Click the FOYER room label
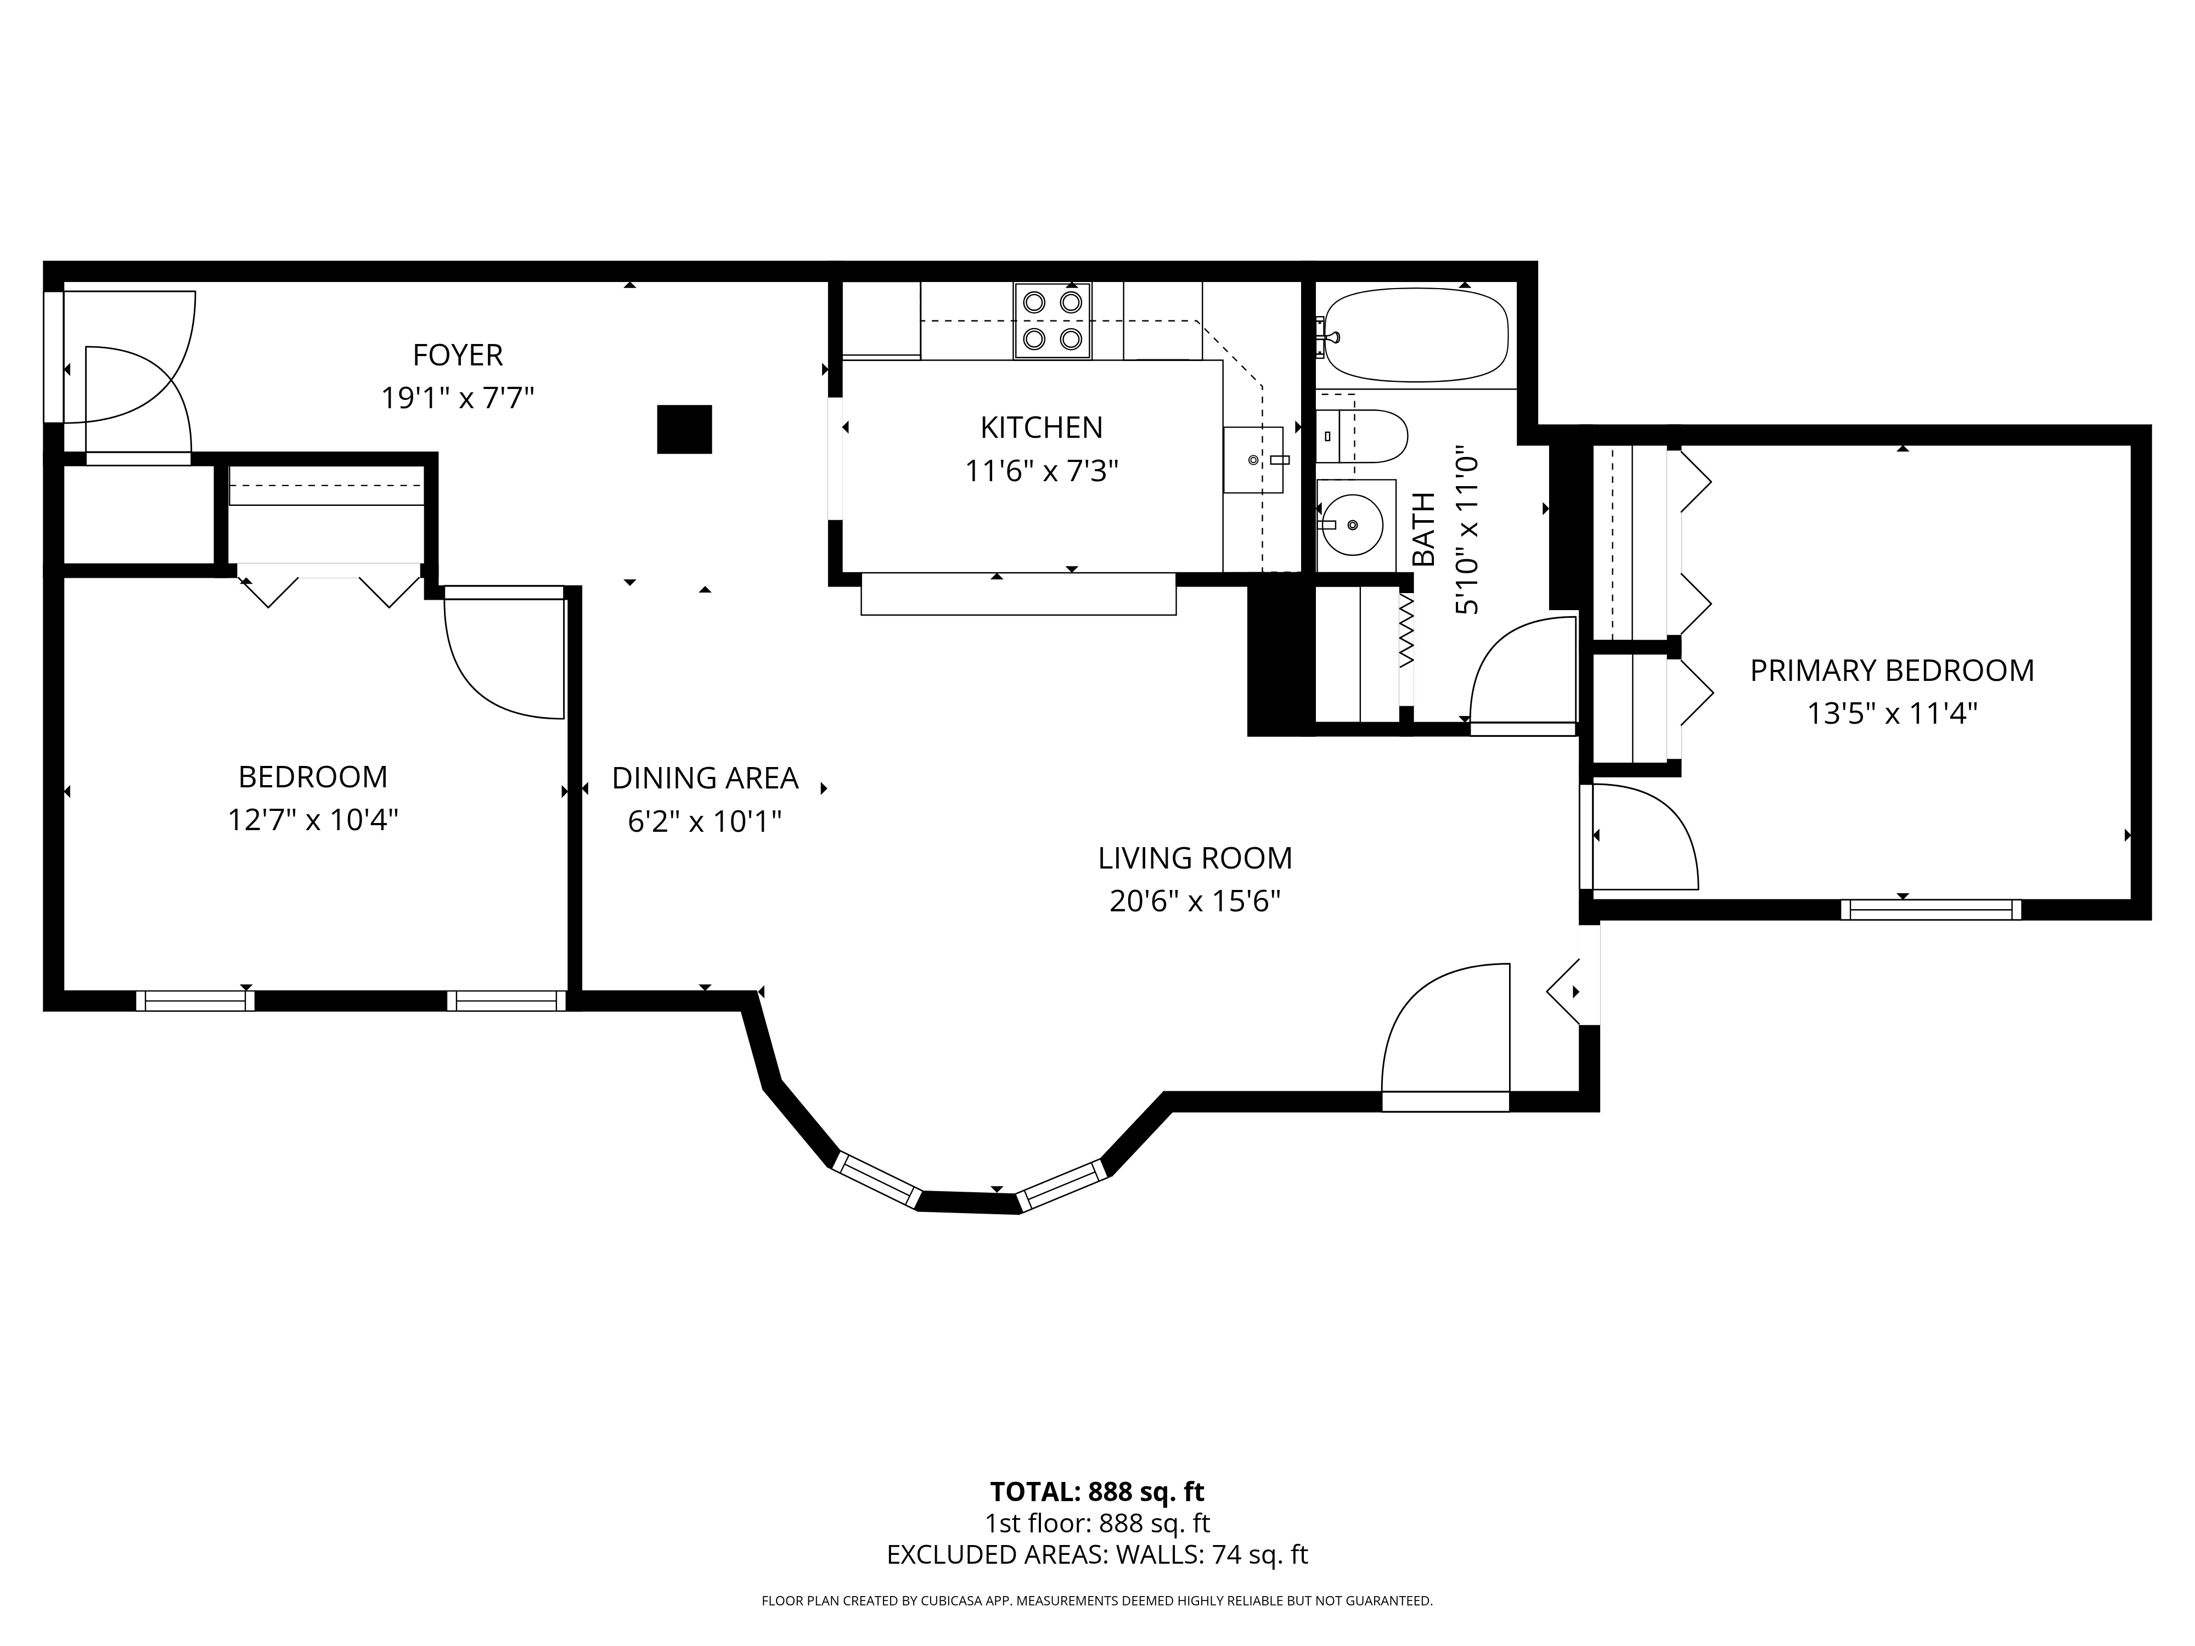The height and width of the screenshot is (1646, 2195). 458,354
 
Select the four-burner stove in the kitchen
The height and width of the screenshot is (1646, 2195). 1052,320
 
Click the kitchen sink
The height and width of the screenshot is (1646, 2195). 1254,459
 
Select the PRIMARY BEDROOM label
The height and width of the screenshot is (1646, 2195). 1892,670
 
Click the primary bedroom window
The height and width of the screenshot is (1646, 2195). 1931,909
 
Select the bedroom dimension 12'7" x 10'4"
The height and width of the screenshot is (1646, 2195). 313,820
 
